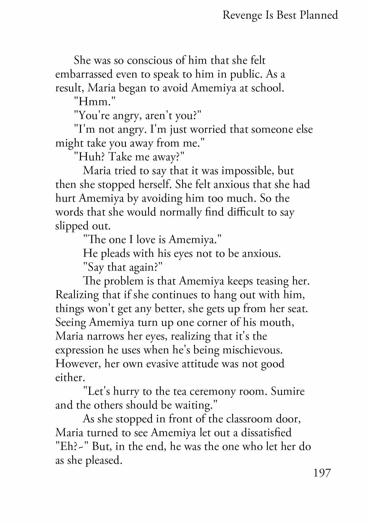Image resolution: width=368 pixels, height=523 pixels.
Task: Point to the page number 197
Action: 322,473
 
